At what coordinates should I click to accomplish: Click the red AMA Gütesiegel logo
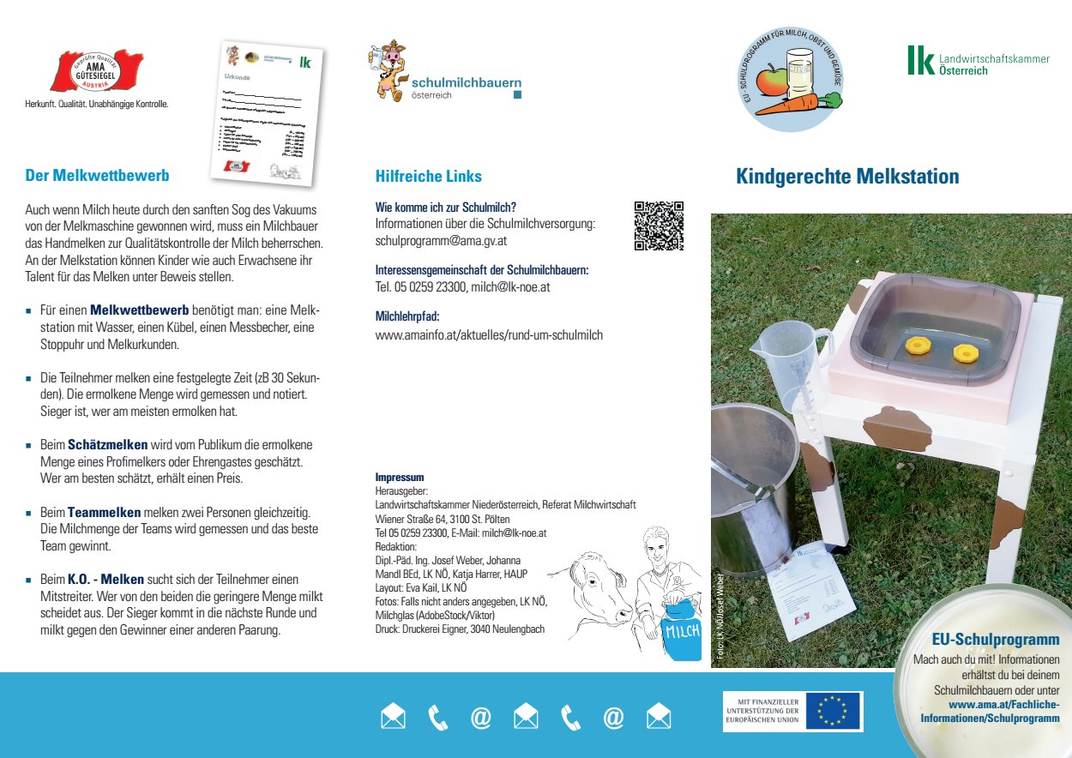click(x=97, y=70)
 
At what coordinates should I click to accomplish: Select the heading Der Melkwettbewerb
click(x=97, y=176)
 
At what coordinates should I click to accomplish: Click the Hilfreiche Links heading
click(x=428, y=177)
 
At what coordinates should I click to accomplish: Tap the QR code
click(x=659, y=226)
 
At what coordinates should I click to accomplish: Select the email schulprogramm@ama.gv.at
click(x=441, y=241)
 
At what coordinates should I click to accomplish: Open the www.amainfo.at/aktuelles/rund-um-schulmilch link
click(x=489, y=335)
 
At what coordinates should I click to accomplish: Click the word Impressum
click(x=400, y=477)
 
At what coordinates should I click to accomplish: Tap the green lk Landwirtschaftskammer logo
click(x=977, y=60)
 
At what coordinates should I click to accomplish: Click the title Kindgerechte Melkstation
click(x=847, y=177)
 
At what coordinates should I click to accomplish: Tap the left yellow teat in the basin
click(x=918, y=345)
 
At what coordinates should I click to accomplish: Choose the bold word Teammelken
click(x=104, y=512)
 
